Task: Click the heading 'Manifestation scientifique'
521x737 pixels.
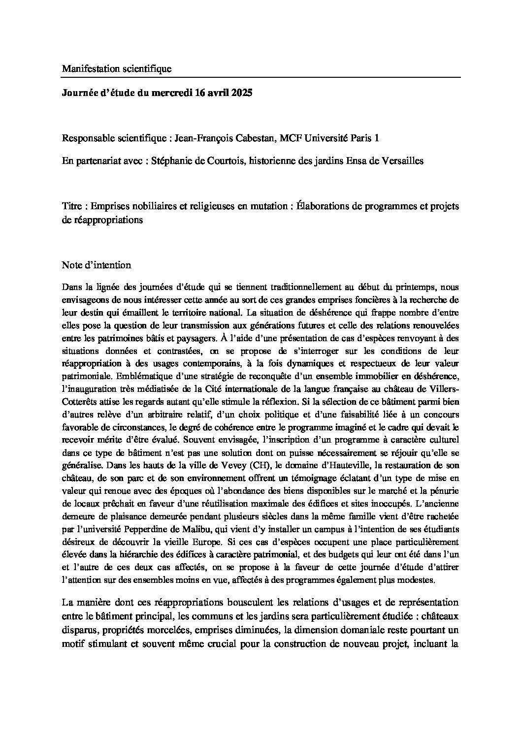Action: [x=116, y=69]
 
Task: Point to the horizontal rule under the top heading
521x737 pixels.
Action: [x=261, y=78]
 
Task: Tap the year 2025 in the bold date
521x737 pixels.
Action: [x=241, y=93]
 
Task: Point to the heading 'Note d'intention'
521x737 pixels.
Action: [x=96, y=265]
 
